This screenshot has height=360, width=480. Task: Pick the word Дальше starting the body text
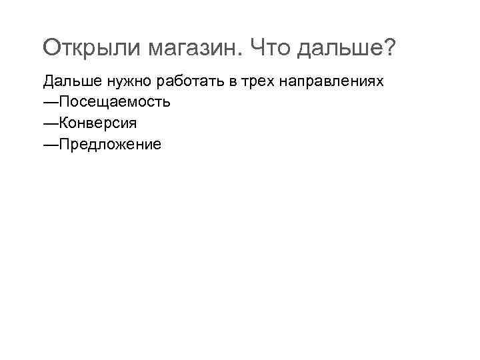click(x=67, y=82)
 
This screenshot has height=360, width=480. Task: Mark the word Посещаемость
click(x=114, y=103)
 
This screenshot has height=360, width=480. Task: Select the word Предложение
click(x=109, y=144)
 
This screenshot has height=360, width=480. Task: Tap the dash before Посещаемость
click(x=51, y=103)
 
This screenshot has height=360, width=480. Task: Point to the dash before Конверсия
click(x=51, y=123)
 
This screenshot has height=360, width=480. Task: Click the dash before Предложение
click(x=51, y=144)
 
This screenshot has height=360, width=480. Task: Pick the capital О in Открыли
click(x=52, y=48)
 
